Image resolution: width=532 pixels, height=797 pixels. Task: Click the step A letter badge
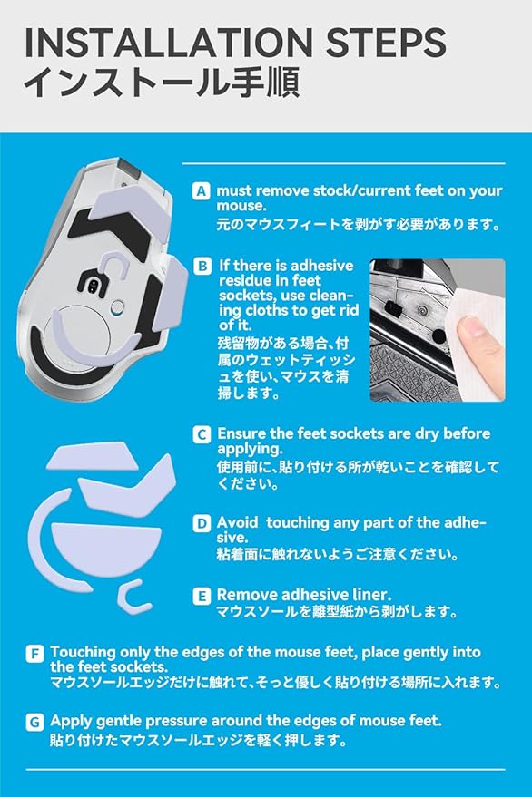pos(202,191)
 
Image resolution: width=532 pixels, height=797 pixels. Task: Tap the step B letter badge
pos(202,266)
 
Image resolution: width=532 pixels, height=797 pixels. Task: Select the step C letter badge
pos(202,434)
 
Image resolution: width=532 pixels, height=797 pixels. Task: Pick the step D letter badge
pos(202,523)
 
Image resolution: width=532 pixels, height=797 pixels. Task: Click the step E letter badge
pos(202,596)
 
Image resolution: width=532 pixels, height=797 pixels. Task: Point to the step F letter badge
pos(34,653)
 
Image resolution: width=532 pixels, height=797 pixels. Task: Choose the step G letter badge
pos(34,722)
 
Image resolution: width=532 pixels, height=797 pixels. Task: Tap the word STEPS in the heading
pos(386,43)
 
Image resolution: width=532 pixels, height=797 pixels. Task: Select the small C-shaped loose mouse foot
pos(133,597)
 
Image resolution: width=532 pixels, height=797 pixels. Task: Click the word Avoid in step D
pos(238,522)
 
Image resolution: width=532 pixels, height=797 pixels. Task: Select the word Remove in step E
pos(247,595)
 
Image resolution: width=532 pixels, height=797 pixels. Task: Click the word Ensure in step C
pos(241,433)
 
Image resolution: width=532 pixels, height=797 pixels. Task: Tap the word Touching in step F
pos(83,652)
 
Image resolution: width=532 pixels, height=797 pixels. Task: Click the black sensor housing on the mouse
pos(94,285)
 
